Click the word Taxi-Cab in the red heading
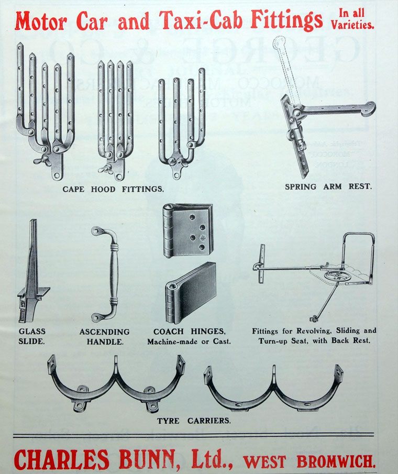[x=201, y=20]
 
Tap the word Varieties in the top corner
[x=352, y=25]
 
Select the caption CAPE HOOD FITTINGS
[x=113, y=189]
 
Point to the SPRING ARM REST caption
[x=328, y=186]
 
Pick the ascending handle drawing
[x=106, y=273]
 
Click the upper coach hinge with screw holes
[x=188, y=230]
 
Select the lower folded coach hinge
[x=191, y=293]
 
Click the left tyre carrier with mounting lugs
[x=116, y=383]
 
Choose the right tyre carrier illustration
[x=274, y=389]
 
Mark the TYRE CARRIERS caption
[x=194, y=421]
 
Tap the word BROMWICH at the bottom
[x=336, y=461]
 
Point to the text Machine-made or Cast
[x=189, y=341]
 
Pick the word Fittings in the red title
[x=286, y=20]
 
